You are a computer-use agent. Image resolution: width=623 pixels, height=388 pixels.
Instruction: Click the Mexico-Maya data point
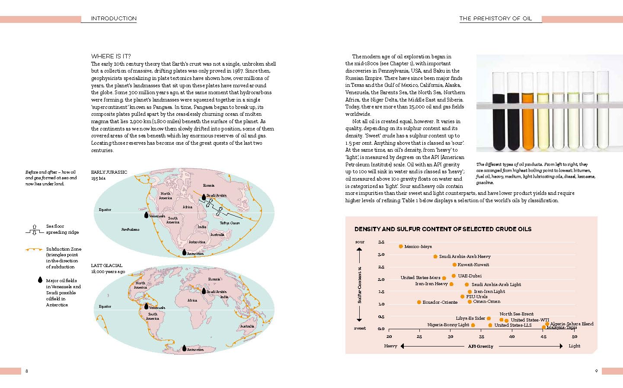401,246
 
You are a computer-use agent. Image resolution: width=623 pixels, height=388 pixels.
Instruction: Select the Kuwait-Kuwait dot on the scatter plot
454,264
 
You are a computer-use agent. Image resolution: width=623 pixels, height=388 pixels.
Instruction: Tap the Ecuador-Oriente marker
419,302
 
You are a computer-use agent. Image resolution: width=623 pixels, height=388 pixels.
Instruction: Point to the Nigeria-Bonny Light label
448,325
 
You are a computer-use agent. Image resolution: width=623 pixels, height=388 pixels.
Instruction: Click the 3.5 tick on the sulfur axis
381,242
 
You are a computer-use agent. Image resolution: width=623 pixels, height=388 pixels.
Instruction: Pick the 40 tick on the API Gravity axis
512,337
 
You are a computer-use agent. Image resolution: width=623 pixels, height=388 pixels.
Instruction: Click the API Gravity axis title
480,346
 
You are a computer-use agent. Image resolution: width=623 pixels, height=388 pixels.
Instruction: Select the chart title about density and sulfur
443,229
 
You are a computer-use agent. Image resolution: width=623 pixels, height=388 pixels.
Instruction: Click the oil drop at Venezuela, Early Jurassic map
146,215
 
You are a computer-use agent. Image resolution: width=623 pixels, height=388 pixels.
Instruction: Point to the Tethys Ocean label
230,223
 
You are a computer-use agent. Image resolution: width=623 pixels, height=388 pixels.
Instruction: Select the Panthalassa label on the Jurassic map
130,229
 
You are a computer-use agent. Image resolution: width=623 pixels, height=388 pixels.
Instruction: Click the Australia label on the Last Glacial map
247,326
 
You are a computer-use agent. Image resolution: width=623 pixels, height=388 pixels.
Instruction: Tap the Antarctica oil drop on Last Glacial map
184,348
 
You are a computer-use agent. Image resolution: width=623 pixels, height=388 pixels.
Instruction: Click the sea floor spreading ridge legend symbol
34,229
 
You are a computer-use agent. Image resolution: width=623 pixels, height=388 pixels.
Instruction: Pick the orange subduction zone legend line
34,249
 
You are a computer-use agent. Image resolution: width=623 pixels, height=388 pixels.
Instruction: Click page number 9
596,371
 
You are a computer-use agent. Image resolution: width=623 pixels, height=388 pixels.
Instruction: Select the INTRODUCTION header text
114,19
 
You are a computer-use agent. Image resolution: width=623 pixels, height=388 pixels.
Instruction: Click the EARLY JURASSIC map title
109,172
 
